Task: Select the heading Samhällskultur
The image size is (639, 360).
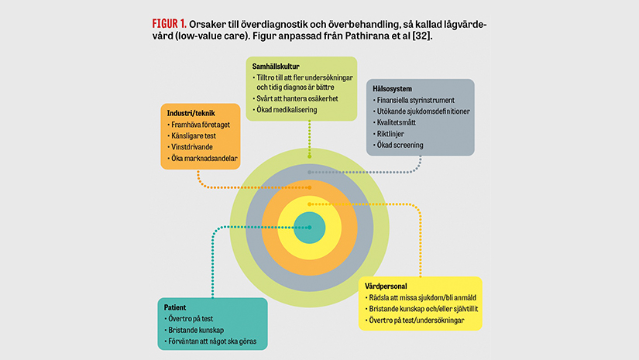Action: tap(277, 67)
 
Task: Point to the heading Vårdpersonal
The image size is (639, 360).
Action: tap(386, 286)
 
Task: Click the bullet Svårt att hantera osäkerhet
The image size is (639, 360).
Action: tap(295, 99)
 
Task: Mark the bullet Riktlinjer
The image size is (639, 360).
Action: tap(395, 133)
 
